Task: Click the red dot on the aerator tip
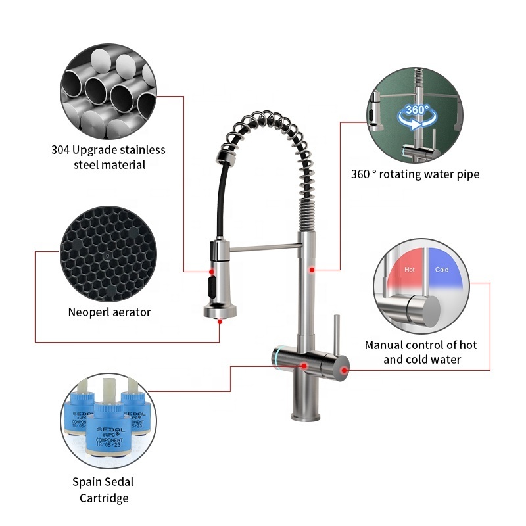pyautogui.click(x=220, y=322)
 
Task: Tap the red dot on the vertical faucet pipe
pyautogui.click(x=312, y=270)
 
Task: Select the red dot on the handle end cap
pyautogui.click(x=344, y=370)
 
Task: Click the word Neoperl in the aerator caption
pyautogui.click(x=88, y=312)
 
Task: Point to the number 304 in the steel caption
pyautogui.click(x=60, y=150)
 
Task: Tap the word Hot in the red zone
pyautogui.click(x=409, y=270)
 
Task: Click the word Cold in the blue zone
pyautogui.click(x=442, y=270)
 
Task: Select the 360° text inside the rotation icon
pyautogui.click(x=417, y=110)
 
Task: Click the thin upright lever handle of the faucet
pyautogui.click(x=337, y=335)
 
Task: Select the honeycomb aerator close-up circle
pyautogui.click(x=108, y=254)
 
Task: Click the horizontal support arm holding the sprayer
pyautogui.click(x=264, y=248)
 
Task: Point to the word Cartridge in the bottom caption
pyautogui.click(x=104, y=498)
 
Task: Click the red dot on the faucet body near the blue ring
pyautogui.click(x=304, y=366)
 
